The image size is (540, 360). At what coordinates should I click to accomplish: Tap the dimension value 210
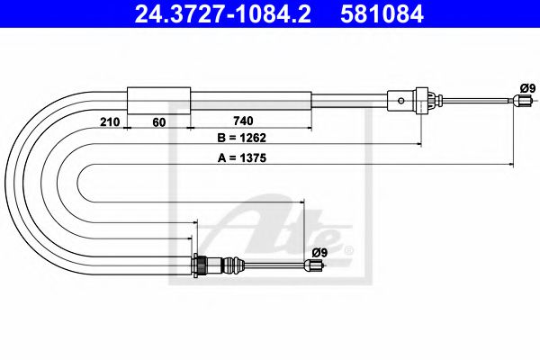point(109,121)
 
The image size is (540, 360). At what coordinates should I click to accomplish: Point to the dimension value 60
point(158,121)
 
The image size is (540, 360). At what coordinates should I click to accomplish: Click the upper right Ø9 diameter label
point(527,87)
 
